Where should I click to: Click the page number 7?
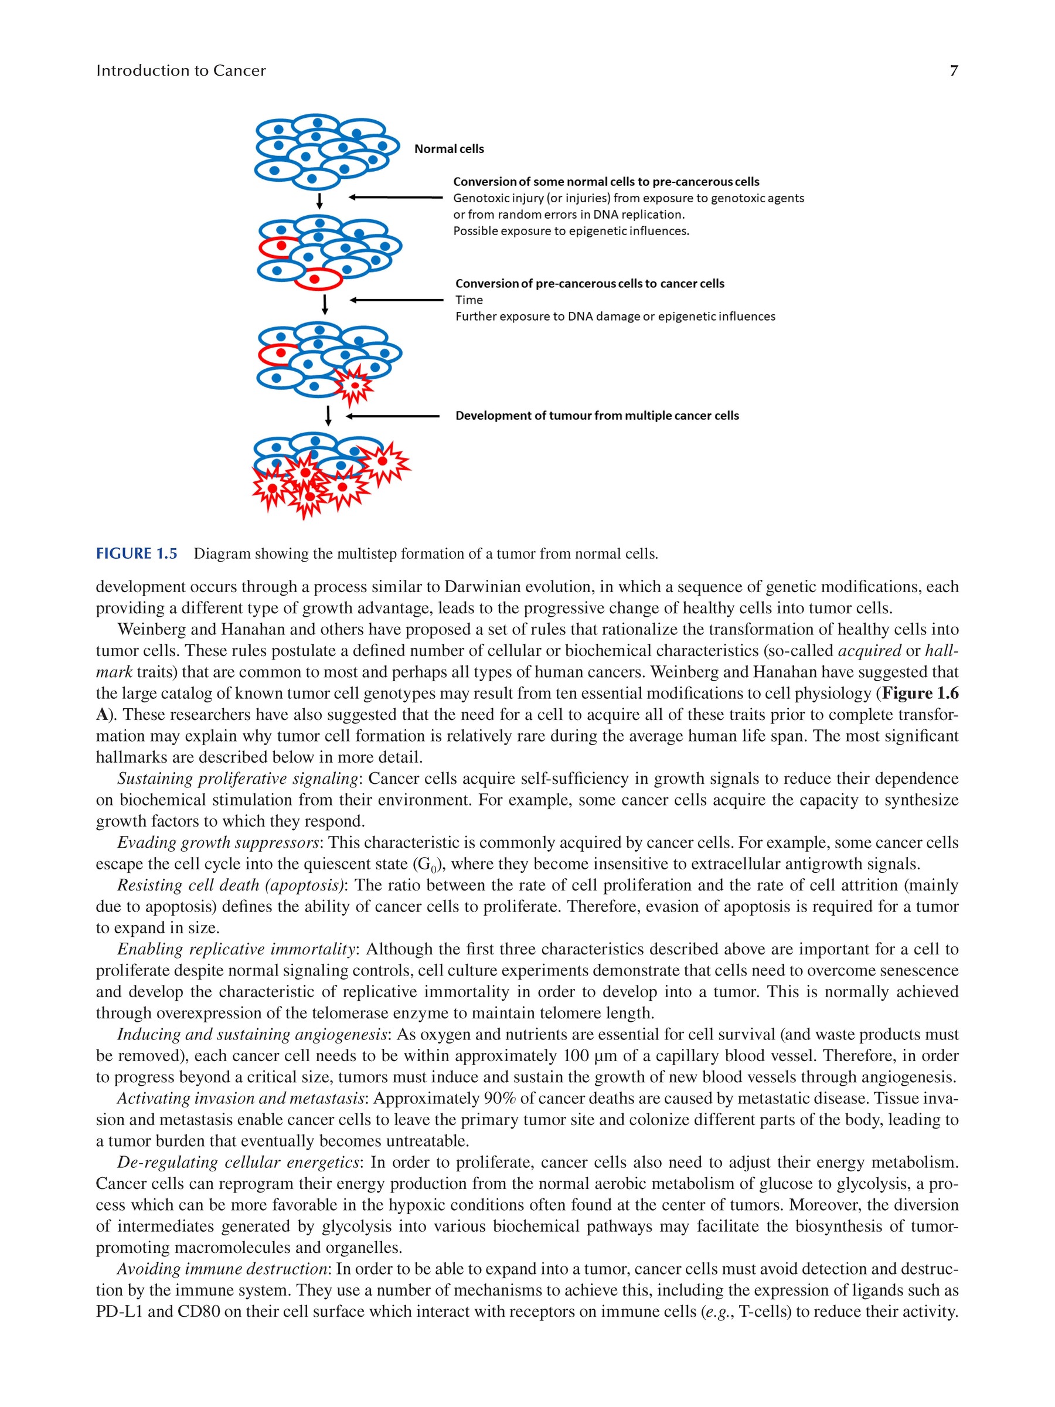tap(953, 70)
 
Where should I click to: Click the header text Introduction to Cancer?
tap(181, 70)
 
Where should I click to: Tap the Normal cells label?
tap(449, 149)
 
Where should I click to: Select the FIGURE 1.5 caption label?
tap(137, 553)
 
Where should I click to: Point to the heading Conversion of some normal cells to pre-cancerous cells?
tap(606, 182)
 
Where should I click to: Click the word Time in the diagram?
tap(469, 300)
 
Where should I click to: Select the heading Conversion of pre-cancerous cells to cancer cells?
tap(590, 284)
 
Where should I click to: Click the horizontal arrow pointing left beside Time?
tap(396, 300)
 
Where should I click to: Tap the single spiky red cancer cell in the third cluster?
tap(353, 385)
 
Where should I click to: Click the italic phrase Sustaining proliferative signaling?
tap(238, 779)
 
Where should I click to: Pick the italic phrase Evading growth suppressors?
tap(218, 843)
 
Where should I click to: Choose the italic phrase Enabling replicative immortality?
tap(236, 949)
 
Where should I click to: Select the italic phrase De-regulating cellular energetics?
tap(239, 1162)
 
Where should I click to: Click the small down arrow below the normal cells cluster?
tap(319, 201)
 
